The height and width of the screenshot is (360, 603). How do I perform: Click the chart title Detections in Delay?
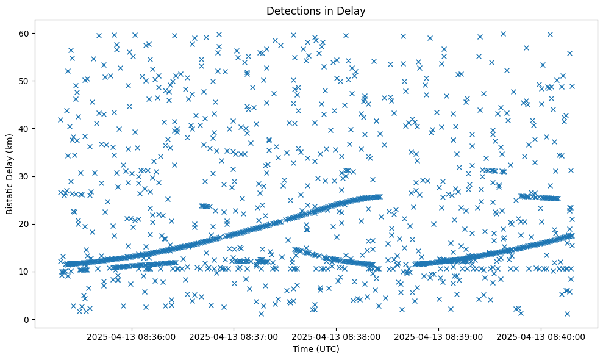pos(316,10)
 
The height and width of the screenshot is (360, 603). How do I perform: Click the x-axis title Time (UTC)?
pos(316,349)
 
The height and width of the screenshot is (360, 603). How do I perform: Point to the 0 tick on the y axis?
pos(27,319)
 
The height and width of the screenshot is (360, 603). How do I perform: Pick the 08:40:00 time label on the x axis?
pos(541,336)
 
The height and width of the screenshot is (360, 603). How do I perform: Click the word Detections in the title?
pos(291,10)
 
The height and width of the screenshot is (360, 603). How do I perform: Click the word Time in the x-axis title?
pos(302,349)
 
